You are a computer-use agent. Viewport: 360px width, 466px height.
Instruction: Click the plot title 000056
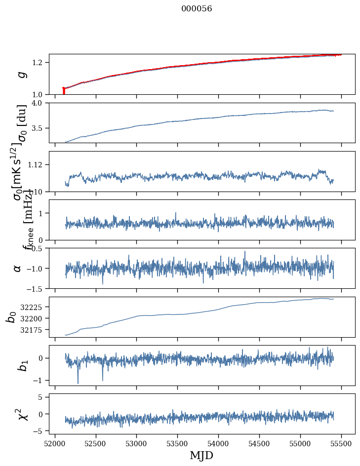197,9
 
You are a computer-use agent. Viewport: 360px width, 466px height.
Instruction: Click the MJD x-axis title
201,455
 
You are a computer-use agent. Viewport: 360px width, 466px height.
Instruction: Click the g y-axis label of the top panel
21,74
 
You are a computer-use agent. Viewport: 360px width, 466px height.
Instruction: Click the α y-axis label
18,268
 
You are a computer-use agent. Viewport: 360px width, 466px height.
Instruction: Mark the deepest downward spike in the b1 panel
78,383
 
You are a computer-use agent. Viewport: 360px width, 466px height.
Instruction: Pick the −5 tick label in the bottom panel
41,431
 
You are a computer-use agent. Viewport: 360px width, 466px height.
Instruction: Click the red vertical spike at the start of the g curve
64,91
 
